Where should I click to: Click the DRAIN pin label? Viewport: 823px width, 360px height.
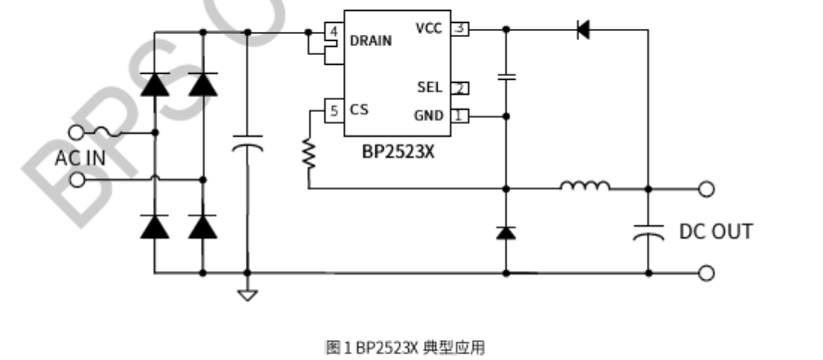(x=370, y=41)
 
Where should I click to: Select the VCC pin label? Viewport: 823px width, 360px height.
(x=428, y=28)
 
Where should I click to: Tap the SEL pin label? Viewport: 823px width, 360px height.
(x=429, y=88)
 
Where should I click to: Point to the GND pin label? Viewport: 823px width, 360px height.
(x=428, y=116)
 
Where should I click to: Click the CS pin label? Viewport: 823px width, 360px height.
(x=359, y=110)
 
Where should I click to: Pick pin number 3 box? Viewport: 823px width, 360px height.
(x=460, y=28)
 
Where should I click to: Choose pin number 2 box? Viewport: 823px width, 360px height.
(x=460, y=88)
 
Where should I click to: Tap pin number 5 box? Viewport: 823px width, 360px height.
(x=334, y=110)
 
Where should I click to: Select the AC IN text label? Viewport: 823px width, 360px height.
(x=80, y=157)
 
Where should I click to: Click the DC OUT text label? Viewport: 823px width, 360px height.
(x=715, y=231)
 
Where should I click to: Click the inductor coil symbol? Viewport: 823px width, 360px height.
(x=586, y=185)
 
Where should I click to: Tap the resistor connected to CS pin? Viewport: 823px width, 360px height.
(x=309, y=153)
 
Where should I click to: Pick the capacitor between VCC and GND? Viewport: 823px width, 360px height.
(x=507, y=75)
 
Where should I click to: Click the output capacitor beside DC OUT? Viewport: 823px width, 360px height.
(x=648, y=232)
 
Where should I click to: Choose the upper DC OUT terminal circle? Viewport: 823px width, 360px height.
(x=706, y=187)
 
